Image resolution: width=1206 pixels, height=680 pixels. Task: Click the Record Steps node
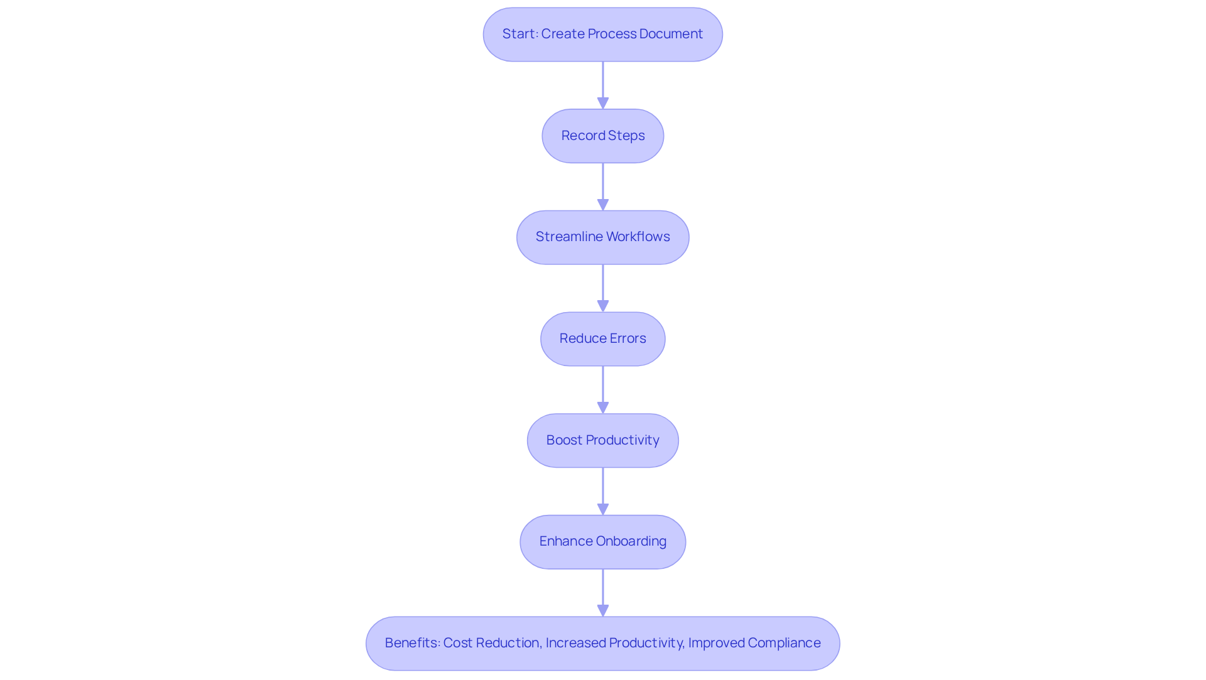[x=602, y=136]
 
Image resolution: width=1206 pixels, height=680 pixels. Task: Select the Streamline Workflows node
[x=602, y=237]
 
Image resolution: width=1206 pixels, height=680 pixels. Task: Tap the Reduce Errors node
[x=602, y=339]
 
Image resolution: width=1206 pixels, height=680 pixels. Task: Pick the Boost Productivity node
[x=602, y=440]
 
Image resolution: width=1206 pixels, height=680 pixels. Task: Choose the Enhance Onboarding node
[x=602, y=542]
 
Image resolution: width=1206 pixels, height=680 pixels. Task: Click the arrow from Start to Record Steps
[x=603, y=85]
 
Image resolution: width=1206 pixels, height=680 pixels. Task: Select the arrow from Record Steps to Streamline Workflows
[x=603, y=186]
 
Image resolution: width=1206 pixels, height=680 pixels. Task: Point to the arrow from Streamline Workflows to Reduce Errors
[x=603, y=288]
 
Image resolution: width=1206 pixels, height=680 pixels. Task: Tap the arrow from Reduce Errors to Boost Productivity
[x=603, y=390]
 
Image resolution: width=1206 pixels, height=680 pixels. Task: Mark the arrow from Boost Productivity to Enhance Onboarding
[x=603, y=491]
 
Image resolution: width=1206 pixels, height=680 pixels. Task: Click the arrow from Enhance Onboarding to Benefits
[x=603, y=593]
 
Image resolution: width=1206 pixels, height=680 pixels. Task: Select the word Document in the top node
[x=671, y=34]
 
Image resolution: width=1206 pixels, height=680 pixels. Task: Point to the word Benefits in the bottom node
[x=412, y=643]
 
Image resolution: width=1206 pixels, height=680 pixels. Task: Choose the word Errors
[x=627, y=338]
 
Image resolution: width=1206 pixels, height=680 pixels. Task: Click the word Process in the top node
[x=612, y=34]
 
